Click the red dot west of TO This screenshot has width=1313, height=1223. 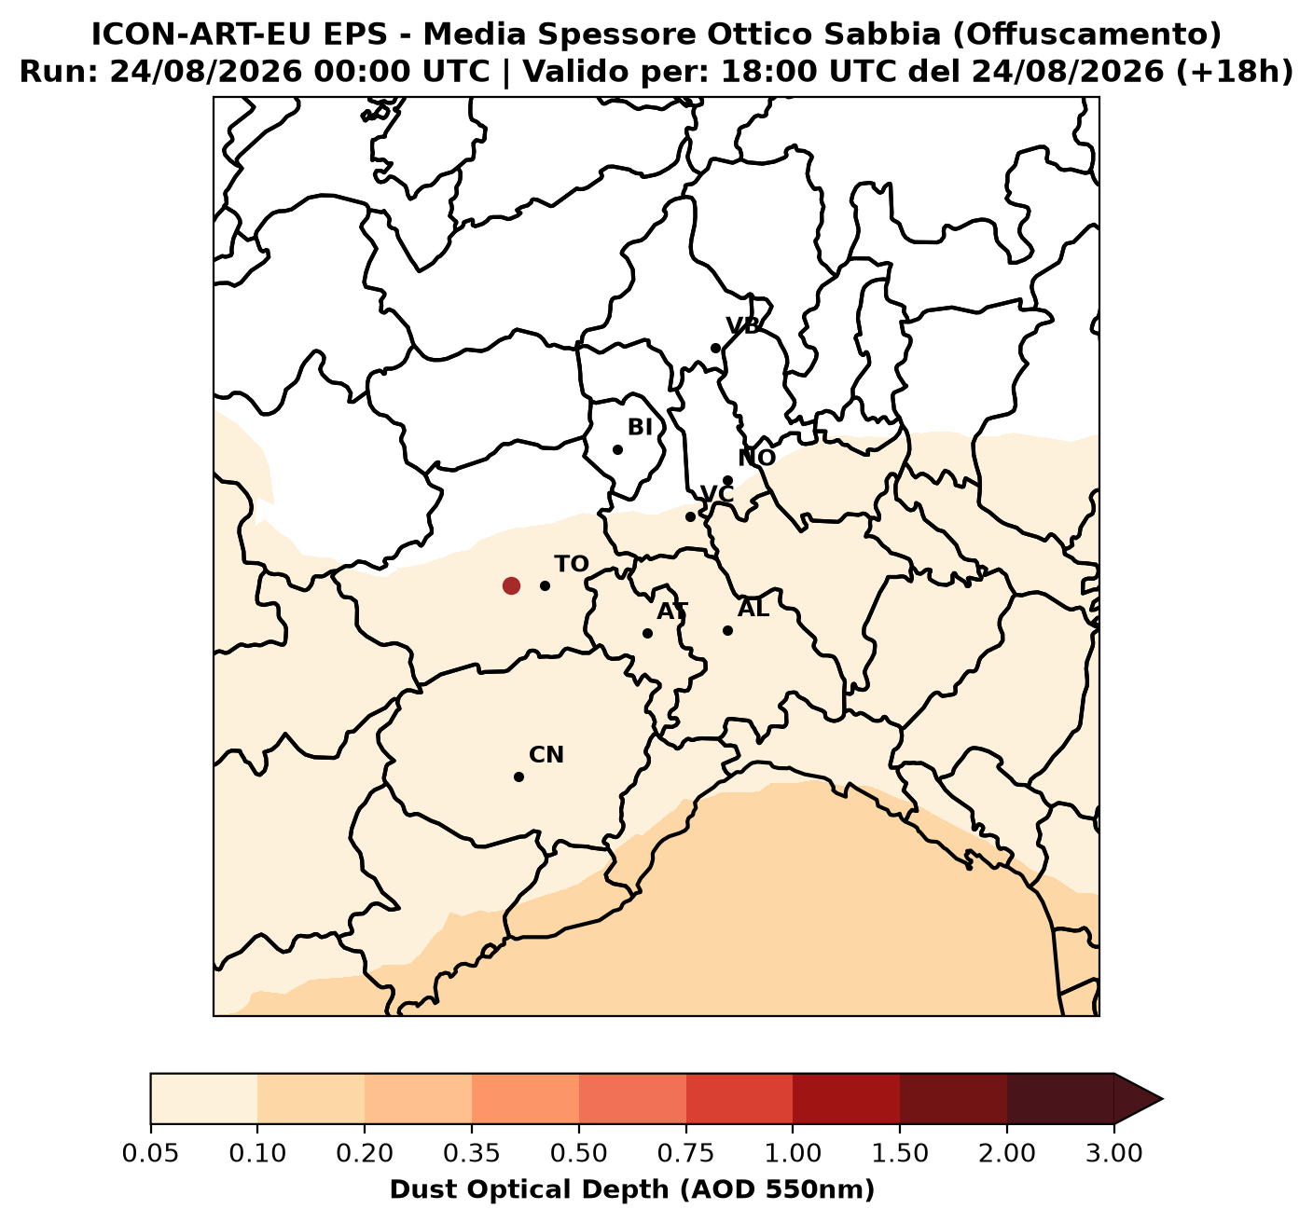[x=511, y=585]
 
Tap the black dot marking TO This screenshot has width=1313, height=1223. [x=545, y=585]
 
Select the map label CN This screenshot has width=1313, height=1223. [x=546, y=755]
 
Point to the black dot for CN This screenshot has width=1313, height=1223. [x=519, y=776]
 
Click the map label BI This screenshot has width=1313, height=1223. [x=640, y=428]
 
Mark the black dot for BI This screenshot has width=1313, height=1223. [x=617, y=449]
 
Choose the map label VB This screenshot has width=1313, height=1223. [x=743, y=326]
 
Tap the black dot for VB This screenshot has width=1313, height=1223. [x=715, y=349]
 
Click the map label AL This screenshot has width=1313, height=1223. [x=753, y=609]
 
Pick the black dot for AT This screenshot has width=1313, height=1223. [x=648, y=633]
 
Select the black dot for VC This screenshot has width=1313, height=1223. [x=690, y=517]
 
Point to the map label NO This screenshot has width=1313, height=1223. [x=757, y=458]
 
